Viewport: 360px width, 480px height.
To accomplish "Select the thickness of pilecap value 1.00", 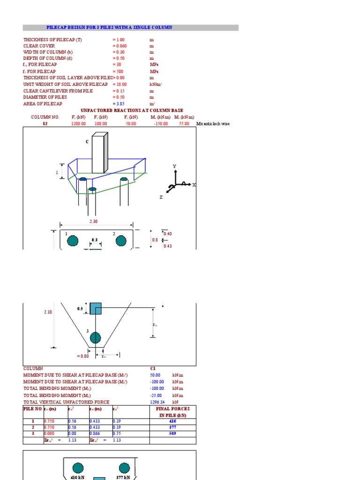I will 120,40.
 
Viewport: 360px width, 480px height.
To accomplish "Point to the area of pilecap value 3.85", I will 120,103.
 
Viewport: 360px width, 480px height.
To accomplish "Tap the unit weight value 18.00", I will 120,84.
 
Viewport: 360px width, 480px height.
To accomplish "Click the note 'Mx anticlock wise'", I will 213,124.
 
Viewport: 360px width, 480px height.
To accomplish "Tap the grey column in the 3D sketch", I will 99,153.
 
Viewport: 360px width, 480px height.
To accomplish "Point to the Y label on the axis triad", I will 174,166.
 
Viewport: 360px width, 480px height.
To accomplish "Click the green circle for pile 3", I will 95,337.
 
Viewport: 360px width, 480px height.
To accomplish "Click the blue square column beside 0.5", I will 96,308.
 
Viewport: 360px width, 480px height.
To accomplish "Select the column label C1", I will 153,368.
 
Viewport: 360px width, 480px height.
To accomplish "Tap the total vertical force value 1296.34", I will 158,402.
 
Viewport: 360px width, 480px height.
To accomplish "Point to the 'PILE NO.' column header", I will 32,409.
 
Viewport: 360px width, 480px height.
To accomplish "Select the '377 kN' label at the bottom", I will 123,478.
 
